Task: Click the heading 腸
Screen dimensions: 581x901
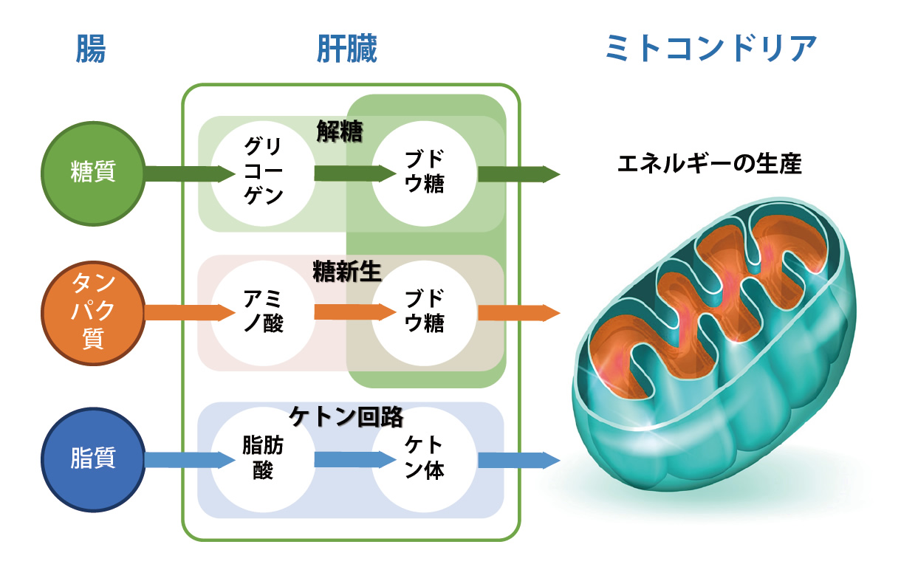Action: pos(91,49)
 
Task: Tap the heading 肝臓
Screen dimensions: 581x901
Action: pos(347,49)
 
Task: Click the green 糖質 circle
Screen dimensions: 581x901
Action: pos(92,174)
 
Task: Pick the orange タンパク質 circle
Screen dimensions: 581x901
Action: pos(92,312)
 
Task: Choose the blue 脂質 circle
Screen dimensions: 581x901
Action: pos(92,459)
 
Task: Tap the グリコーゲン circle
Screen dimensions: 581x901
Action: pos(263,174)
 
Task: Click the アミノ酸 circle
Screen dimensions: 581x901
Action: pos(263,312)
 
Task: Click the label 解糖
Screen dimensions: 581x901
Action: pos(340,131)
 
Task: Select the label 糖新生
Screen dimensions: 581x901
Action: pos(346,271)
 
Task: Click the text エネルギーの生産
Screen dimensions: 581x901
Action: pos(709,163)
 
